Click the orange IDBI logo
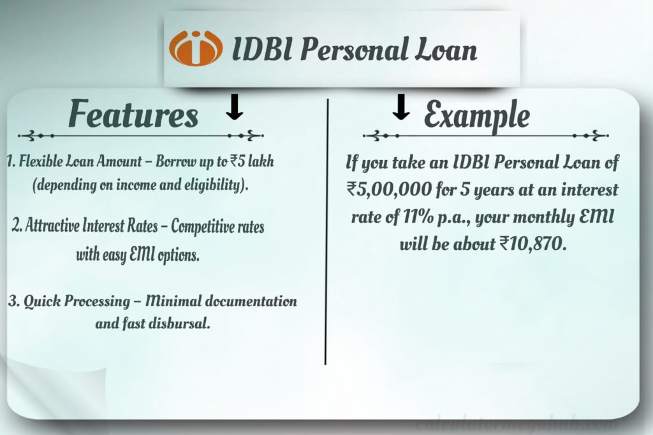[196, 48]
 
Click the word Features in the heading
[133, 115]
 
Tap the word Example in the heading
[476, 115]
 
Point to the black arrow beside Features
[235, 107]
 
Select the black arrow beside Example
[400, 107]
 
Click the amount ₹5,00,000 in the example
[382, 190]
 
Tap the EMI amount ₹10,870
[534, 244]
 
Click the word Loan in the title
[447, 50]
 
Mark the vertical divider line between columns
[326, 230]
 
